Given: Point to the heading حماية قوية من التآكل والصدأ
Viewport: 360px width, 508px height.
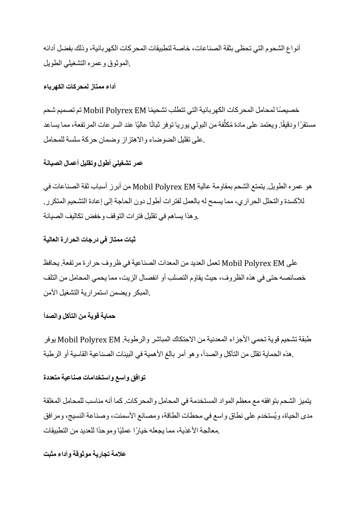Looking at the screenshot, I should pos(80,316).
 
